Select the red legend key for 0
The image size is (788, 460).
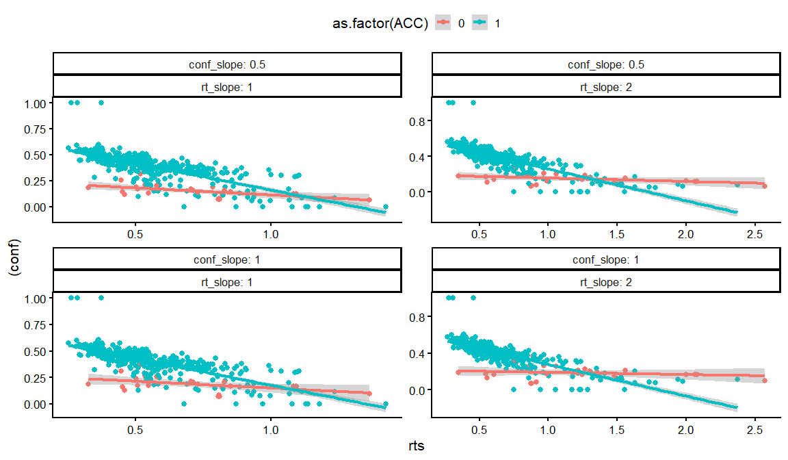click(445, 23)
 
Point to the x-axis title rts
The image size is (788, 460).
click(416, 446)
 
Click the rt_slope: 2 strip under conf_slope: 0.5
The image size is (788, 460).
click(605, 86)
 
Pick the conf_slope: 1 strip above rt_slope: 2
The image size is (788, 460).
click(605, 260)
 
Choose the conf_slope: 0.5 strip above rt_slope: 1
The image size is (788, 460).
click(226, 65)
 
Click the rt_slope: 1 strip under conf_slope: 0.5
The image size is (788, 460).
click(226, 86)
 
